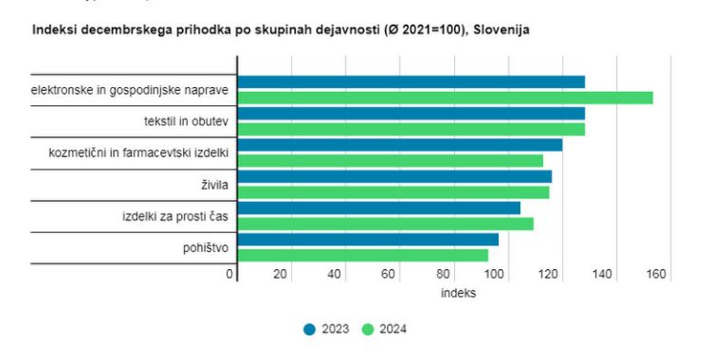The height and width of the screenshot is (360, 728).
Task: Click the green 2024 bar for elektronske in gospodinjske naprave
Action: coord(445,98)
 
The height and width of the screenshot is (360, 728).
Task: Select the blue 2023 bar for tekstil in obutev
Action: coord(410,114)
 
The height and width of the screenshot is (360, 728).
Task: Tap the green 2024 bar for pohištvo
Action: coord(362,255)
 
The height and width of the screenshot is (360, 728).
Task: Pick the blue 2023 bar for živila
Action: coord(393,176)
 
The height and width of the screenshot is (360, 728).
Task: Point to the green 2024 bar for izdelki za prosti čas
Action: coord(385,224)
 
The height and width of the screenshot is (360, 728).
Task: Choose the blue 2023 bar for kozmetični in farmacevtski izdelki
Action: coord(399,145)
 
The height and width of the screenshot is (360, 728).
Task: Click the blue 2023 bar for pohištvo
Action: coord(368,240)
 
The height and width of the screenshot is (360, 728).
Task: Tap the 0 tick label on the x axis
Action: coord(229,275)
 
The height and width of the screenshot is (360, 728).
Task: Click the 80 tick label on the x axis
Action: coord(443,275)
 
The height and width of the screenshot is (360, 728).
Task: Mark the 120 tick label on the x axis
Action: coord(548,275)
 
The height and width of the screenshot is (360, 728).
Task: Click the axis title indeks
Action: coord(458,294)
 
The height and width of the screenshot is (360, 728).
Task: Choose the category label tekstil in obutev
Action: coord(185,122)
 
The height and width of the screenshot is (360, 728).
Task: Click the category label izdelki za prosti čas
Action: coord(175,217)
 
